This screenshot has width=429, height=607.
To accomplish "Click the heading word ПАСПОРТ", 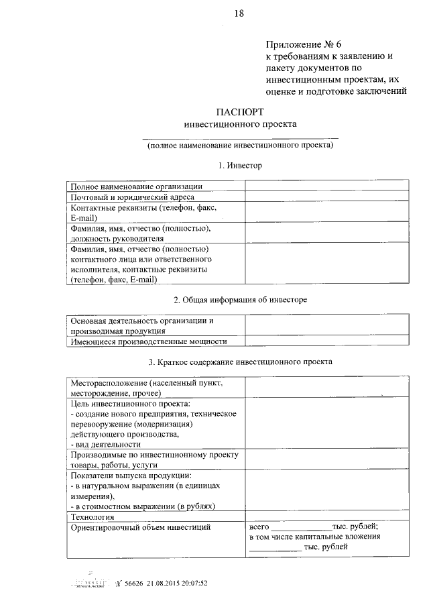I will pyautogui.click(x=239, y=111).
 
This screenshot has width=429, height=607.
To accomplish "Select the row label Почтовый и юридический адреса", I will pyautogui.click(x=132, y=197).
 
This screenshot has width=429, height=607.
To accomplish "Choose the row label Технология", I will pyautogui.click(x=93, y=516).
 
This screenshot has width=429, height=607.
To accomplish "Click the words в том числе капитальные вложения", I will pyautogui.click(x=315, y=537).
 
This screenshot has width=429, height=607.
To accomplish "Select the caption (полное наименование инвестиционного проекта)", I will pyautogui.click(x=240, y=144).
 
